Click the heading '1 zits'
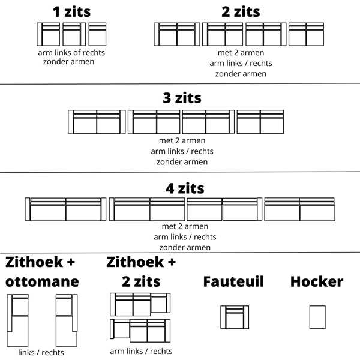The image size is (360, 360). tap(71, 12)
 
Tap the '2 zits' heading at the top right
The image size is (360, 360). tap(241, 12)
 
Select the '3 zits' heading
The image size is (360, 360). tap(182, 98)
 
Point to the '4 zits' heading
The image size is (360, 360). tap(185, 188)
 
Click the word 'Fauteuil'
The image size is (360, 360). tap(233, 281)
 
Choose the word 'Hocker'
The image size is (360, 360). tap(317, 281)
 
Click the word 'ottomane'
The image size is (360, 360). tap(42, 282)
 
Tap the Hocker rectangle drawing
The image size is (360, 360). tap(317, 317)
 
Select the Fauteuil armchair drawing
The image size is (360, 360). tap(235, 317)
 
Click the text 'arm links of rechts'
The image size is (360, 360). tap(71, 53)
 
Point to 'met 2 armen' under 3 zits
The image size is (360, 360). tap(182, 140)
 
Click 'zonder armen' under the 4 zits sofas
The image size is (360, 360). tap(185, 247)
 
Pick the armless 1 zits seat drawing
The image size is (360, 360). tap(97, 34)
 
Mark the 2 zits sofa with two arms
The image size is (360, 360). tap(177, 34)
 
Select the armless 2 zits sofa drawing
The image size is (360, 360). tap(306, 34)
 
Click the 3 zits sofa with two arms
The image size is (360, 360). tap(97, 122)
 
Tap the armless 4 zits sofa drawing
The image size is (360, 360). tap(299, 209)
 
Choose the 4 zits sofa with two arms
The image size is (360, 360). tap(65, 209)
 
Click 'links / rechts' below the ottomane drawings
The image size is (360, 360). tap(41, 352)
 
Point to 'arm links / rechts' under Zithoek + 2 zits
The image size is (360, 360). tap(141, 351)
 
